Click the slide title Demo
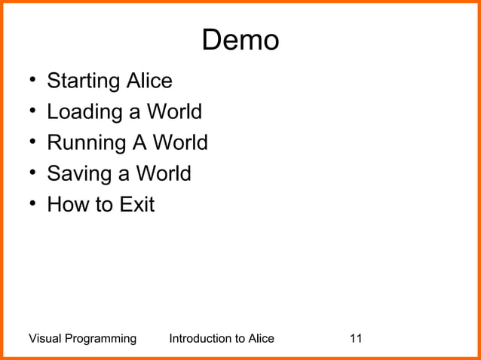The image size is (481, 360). point(240,41)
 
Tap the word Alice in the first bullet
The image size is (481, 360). point(149,81)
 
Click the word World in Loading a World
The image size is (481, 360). point(174,112)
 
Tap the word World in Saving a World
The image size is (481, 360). point(164,174)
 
